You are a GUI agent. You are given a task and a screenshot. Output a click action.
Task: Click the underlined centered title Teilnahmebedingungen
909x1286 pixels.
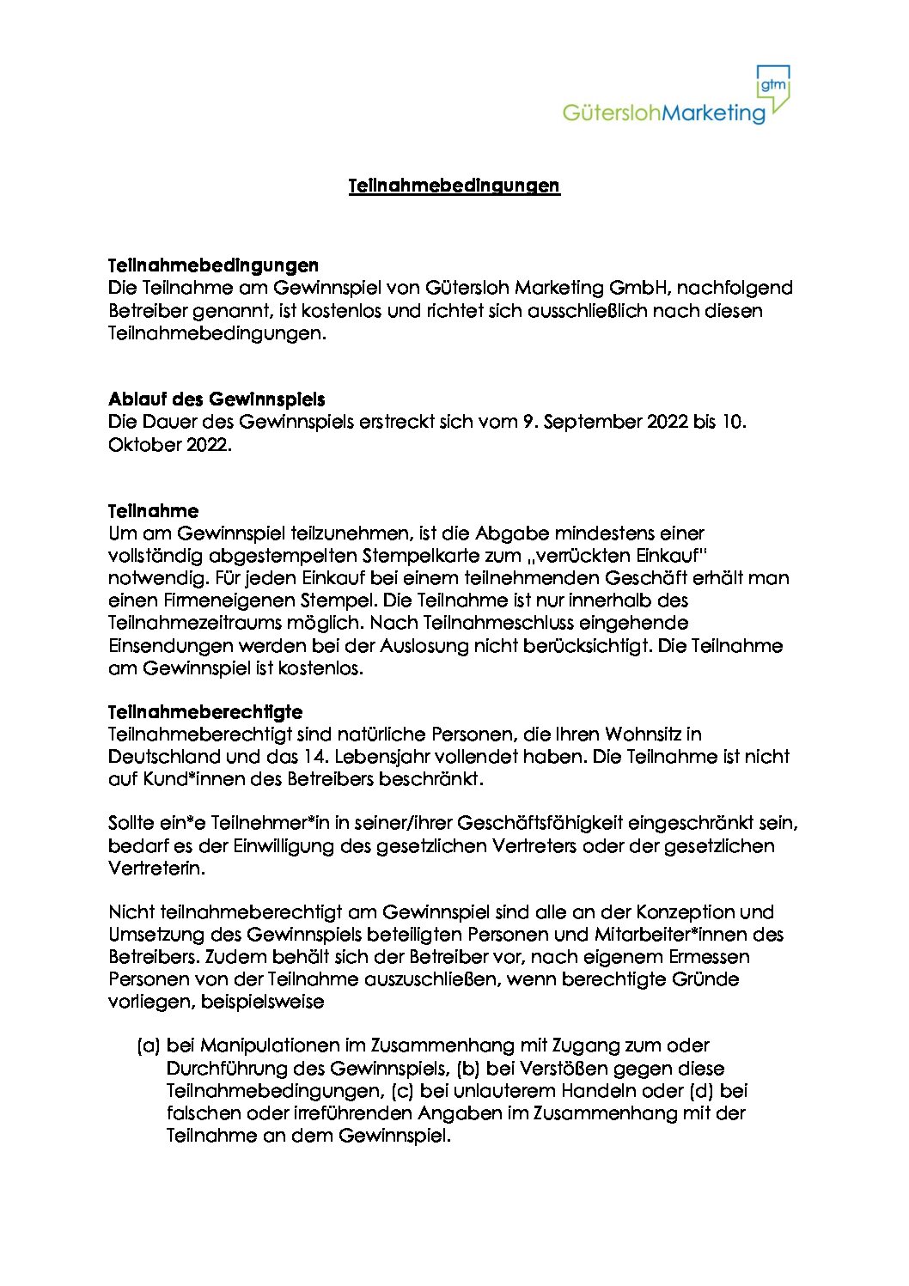454,186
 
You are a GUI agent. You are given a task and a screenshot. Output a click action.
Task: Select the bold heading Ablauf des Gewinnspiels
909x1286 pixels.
217,399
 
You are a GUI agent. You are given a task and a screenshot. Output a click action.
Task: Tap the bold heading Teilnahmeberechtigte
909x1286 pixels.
205,712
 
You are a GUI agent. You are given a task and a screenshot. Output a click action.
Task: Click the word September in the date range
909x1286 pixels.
589,422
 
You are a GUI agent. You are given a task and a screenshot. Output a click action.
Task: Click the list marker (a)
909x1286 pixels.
149,1045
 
